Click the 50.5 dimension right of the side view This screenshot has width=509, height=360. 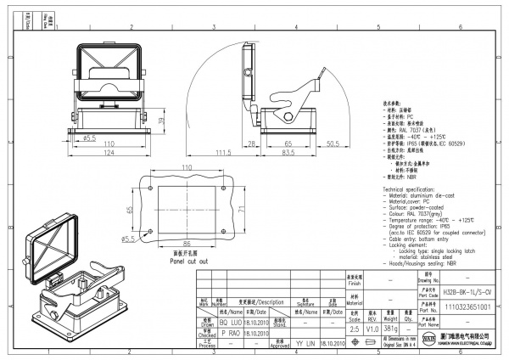coord(333,144)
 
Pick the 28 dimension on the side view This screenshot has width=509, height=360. coord(252,144)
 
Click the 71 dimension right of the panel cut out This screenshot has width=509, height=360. coord(241,208)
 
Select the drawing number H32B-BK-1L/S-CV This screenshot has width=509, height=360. coord(444,291)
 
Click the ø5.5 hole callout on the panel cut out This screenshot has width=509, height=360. coord(128,239)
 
